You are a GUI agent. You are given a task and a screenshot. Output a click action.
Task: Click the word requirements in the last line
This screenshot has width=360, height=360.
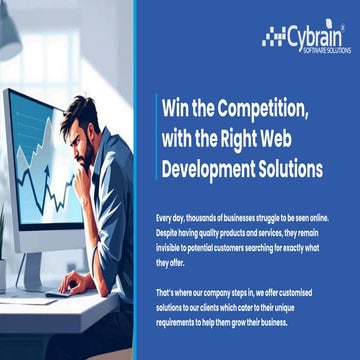178,323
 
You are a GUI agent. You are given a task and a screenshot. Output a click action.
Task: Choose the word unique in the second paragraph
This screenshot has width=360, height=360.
301,308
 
